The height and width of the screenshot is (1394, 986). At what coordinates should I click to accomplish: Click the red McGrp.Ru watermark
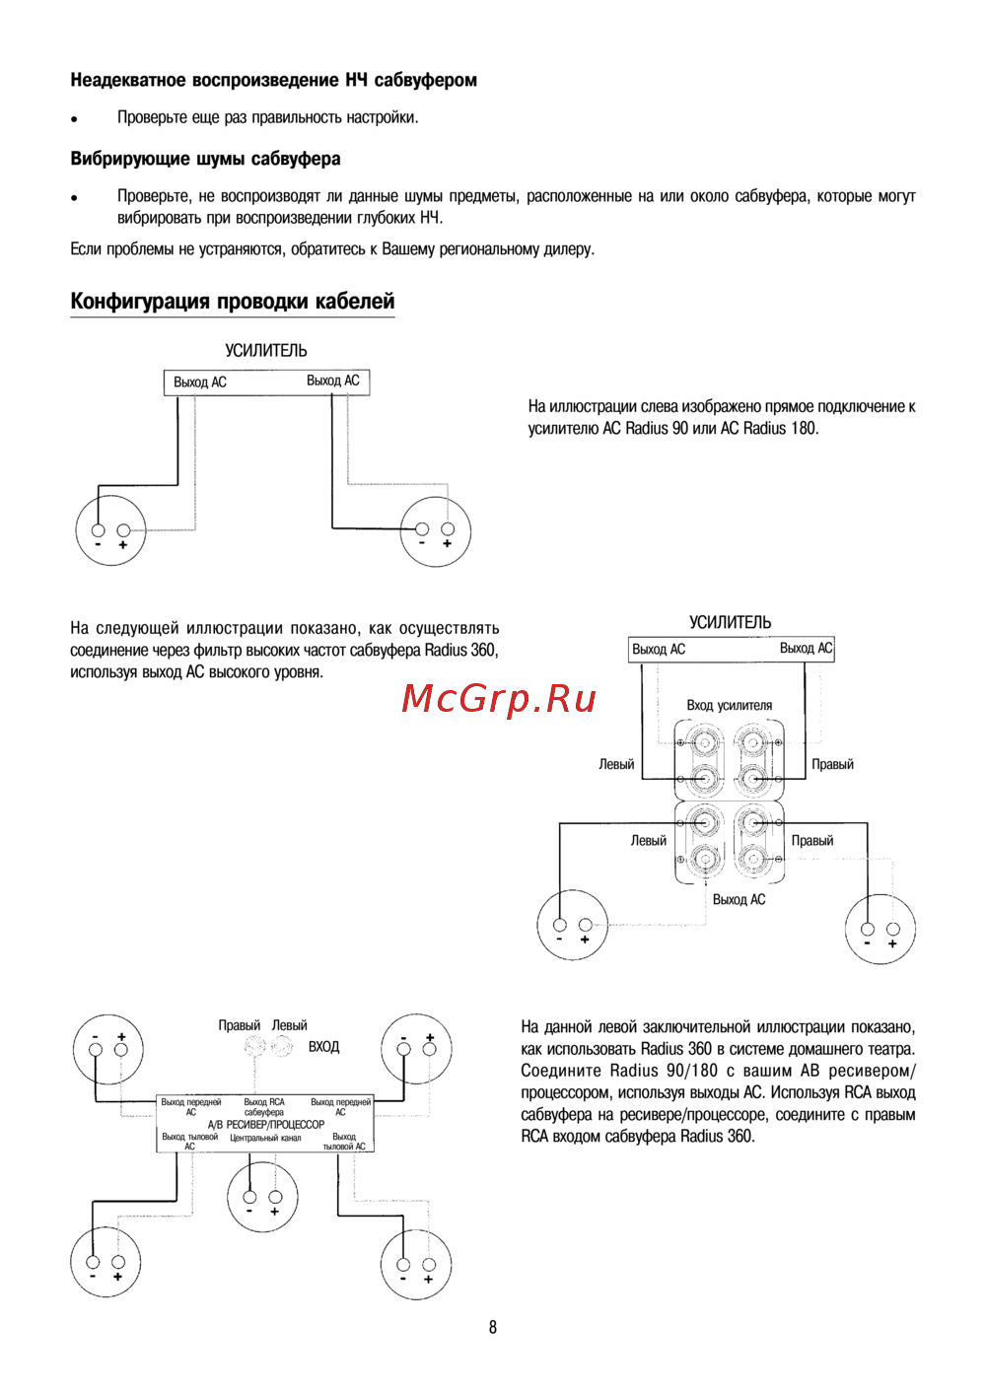click(499, 700)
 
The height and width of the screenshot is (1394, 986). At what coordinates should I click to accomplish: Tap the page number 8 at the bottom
click(492, 1328)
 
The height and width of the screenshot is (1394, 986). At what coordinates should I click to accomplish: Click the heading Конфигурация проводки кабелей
click(232, 302)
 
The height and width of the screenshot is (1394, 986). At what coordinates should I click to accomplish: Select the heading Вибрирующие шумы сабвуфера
click(205, 160)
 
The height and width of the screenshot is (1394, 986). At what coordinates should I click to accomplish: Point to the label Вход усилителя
click(729, 706)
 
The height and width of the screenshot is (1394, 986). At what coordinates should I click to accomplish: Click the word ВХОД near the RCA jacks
click(323, 1047)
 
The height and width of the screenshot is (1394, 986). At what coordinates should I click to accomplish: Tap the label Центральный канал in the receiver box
click(265, 1138)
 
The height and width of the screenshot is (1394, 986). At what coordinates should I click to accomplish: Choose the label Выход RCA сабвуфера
click(264, 1107)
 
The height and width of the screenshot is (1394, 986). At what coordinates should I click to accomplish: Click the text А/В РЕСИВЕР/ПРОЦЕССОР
click(266, 1125)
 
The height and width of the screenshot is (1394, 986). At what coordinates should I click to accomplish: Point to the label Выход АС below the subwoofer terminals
click(739, 899)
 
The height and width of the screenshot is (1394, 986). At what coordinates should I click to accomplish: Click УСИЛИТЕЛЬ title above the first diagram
click(266, 351)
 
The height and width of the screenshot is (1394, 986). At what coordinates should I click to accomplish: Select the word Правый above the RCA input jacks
click(239, 1025)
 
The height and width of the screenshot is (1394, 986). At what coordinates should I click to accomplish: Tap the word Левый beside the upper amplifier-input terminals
click(616, 764)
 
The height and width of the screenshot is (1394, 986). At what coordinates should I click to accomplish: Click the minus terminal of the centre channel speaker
click(249, 1197)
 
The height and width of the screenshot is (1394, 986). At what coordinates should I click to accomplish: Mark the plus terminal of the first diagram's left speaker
click(124, 530)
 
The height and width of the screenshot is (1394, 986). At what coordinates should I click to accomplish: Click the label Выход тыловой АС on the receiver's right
click(343, 1142)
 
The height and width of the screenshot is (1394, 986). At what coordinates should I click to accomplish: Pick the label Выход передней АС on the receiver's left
click(191, 1106)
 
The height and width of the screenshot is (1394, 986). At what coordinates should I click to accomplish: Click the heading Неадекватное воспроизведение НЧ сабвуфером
click(274, 80)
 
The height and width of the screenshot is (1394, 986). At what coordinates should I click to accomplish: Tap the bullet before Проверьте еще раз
click(73, 119)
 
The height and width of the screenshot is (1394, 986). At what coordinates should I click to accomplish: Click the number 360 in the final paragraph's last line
click(739, 1136)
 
